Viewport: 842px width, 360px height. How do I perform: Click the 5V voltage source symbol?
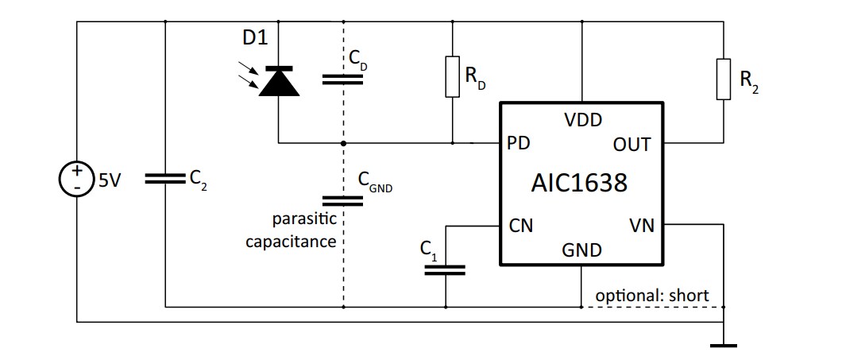(77, 180)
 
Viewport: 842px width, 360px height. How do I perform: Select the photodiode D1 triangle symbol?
(279, 81)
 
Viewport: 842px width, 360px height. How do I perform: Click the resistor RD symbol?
(453, 76)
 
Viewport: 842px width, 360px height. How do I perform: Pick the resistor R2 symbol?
(723, 79)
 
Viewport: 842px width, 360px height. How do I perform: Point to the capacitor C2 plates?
(164, 180)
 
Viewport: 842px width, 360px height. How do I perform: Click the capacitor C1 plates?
(445, 269)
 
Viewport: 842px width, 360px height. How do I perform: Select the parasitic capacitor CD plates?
(343, 79)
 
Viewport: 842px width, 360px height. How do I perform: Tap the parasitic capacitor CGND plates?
(343, 199)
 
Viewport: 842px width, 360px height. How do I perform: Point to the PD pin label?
(518, 145)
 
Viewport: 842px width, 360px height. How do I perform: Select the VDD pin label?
(582, 120)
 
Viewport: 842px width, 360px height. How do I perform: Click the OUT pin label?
(632, 145)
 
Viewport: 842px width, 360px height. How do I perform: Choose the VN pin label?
(641, 226)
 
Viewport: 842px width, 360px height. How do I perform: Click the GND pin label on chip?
(581, 250)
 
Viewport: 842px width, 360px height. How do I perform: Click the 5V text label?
(109, 181)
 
